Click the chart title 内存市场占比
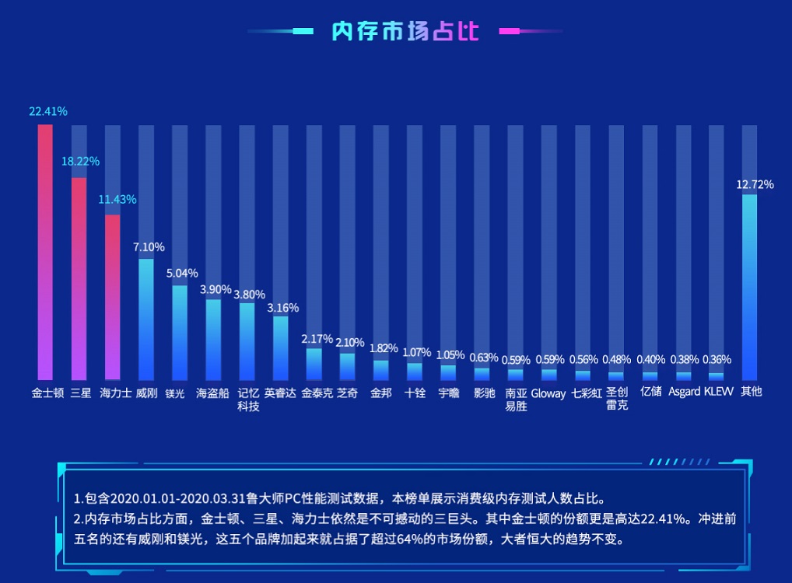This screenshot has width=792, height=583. pyautogui.click(x=405, y=31)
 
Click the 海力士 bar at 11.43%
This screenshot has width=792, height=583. pyautogui.click(x=113, y=295)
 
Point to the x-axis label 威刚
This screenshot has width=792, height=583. pyautogui.click(x=146, y=393)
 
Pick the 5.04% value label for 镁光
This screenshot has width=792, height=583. pyautogui.click(x=182, y=273)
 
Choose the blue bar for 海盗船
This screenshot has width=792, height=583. pyautogui.click(x=213, y=339)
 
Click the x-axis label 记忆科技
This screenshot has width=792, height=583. pyautogui.click(x=247, y=400)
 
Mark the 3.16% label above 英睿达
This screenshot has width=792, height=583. pyautogui.click(x=282, y=308)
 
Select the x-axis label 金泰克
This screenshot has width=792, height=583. pyautogui.click(x=316, y=393)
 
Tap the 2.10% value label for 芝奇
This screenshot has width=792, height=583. pyautogui.click(x=349, y=342)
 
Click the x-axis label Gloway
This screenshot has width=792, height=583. pyautogui.click(x=548, y=393)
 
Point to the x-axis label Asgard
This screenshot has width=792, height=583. pyautogui.click(x=684, y=392)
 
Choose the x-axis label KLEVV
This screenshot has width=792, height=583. pyautogui.click(x=718, y=392)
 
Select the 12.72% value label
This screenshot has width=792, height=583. pyautogui.click(x=755, y=184)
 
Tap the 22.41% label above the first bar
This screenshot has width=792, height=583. pyautogui.click(x=48, y=111)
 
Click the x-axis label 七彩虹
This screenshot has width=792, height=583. pyautogui.click(x=586, y=393)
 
